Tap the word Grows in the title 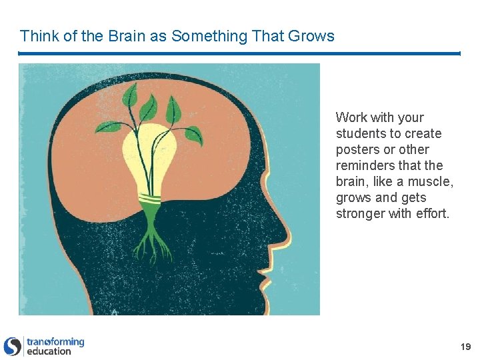pos(311,36)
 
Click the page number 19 pos(465,347)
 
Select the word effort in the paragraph pos(432,213)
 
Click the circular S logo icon pos(13,346)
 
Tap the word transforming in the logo pos(55,342)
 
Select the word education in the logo pos(49,351)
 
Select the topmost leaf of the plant pos(129,93)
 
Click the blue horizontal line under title pos(239,53)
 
